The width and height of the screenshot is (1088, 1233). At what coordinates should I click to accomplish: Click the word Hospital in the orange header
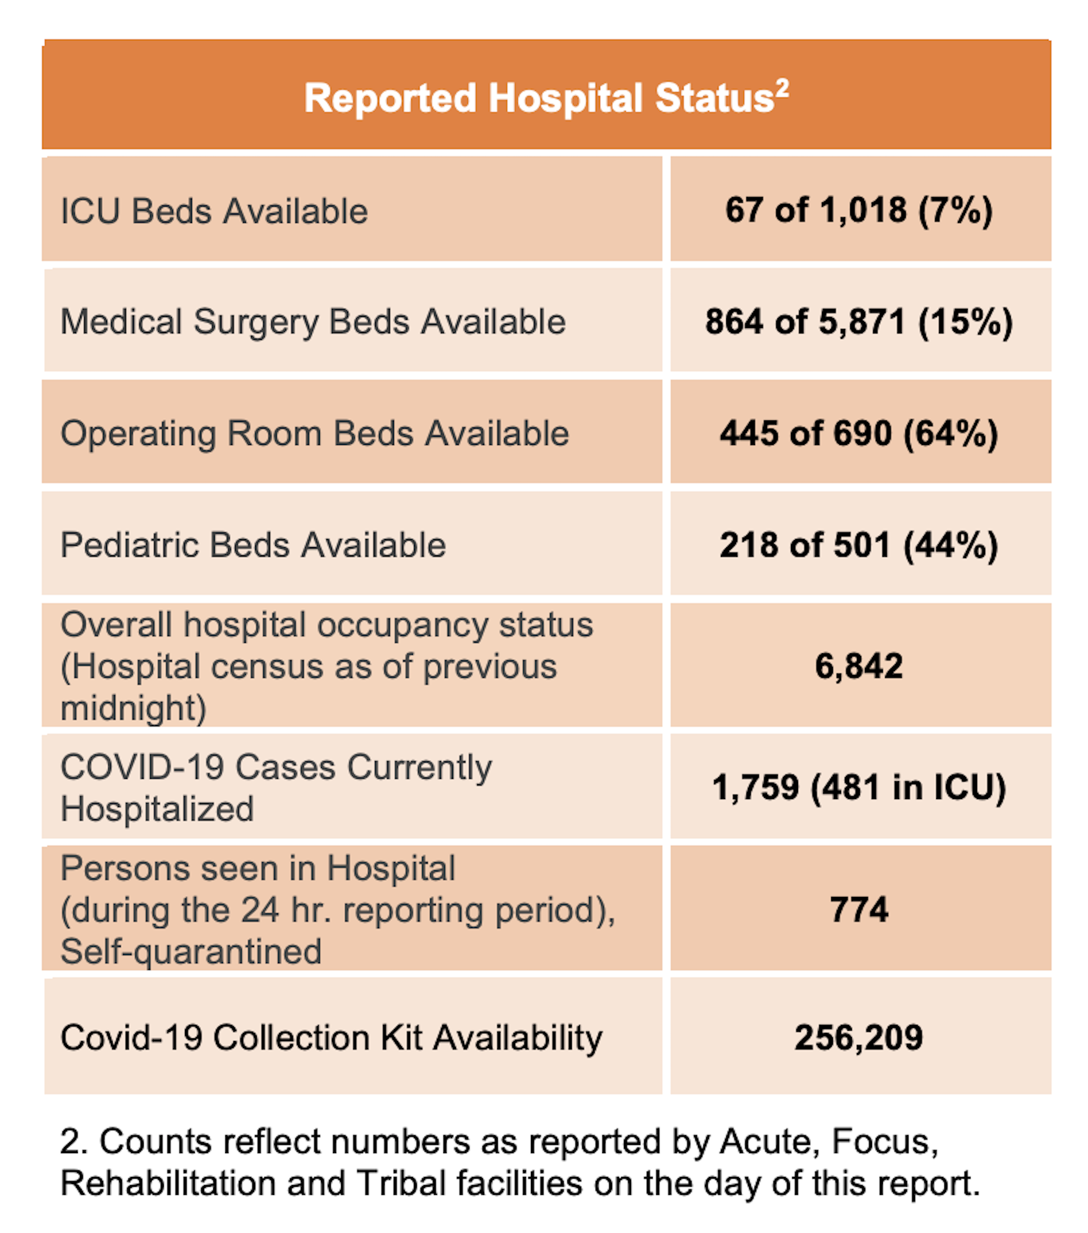click(x=565, y=98)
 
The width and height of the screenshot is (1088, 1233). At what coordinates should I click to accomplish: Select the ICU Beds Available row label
click(x=214, y=212)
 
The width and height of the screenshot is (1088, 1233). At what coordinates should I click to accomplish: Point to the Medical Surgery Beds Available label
click(x=313, y=321)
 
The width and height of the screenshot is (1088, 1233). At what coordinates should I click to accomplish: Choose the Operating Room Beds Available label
click(x=314, y=433)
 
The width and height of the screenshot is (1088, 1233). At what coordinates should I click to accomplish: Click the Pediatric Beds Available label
click(x=252, y=545)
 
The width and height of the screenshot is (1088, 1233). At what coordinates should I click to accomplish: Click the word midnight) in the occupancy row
click(x=133, y=708)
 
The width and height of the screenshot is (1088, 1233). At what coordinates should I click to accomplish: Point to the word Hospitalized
click(x=157, y=809)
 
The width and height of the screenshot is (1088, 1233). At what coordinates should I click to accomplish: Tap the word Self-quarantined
click(x=191, y=951)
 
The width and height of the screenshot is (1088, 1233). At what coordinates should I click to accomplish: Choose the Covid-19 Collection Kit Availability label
click(x=331, y=1038)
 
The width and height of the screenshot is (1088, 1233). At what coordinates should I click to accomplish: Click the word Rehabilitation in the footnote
click(x=168, y=1183)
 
